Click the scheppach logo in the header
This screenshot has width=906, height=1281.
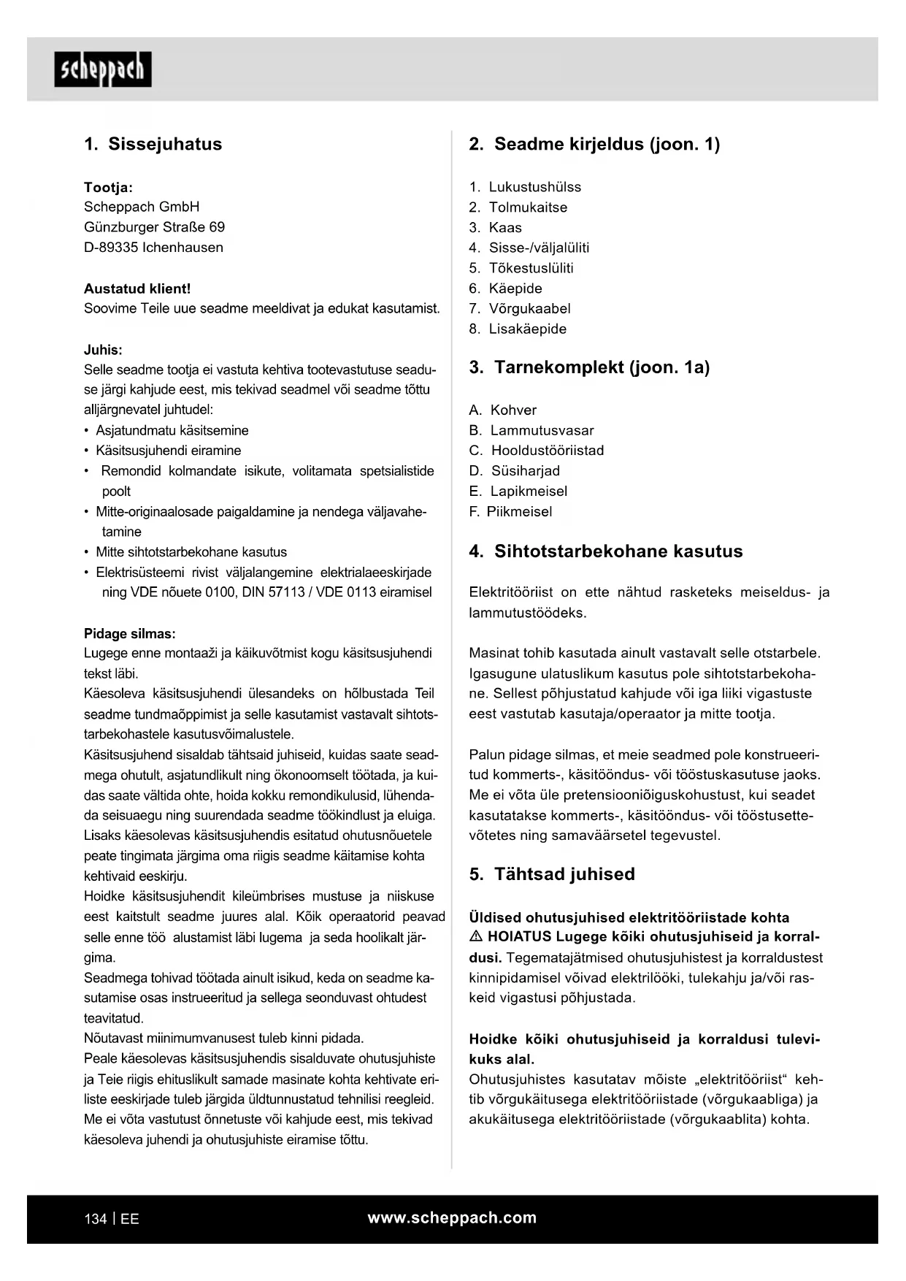coord(103,69)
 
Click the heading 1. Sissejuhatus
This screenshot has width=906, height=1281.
coord(153,144)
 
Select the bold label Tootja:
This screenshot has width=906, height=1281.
coord(108,187)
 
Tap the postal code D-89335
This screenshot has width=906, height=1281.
coord(111,248)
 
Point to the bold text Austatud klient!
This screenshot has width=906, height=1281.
coord(137,288)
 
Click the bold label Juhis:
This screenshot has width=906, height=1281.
coord(103,350)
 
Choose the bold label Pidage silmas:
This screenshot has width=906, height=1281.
coord(129,634)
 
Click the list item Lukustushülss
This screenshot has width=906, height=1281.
coord(534,187)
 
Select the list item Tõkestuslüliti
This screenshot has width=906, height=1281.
coord(531,268)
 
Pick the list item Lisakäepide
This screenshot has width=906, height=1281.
coord(527,329)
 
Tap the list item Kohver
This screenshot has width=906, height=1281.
coord(513,410)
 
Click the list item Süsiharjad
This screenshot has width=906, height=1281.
coord(525,471)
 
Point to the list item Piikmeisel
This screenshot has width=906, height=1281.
coord(519,511)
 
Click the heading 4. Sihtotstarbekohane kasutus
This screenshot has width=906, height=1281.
coord(605,551)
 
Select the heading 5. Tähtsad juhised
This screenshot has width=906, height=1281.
coord(552,874)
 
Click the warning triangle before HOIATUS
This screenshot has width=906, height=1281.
coord(476,937)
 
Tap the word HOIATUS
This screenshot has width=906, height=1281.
coord(519,937)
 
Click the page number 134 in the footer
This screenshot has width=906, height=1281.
coord(96,1219)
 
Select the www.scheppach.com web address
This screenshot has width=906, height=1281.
coord(452,1217)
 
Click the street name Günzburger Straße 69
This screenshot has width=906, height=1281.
coord(154,227)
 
